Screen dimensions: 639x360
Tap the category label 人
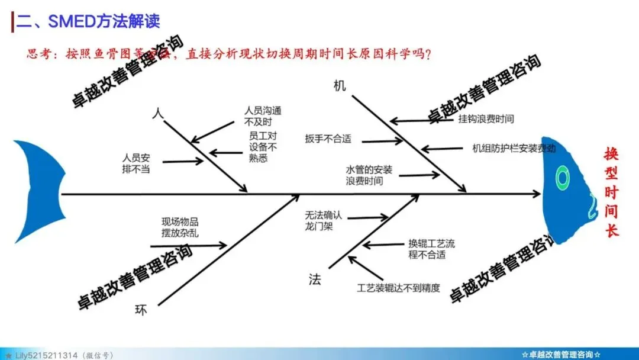coord(157,114)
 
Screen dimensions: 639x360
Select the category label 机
coord(340,86)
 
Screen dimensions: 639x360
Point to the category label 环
coord(141,310)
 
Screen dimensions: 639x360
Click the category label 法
coord(315,279)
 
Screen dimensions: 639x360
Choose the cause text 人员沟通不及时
coord(263,116)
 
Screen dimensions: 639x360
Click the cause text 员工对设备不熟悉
coord(263,147)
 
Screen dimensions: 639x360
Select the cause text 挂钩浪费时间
coord(486,119)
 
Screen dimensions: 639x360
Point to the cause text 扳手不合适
coord(328,139)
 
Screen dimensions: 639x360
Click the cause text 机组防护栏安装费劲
coord(514,148)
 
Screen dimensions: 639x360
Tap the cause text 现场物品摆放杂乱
coord(180,227)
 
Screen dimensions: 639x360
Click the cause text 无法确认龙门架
coord(324,220)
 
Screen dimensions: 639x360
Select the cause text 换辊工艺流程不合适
coord(432,249)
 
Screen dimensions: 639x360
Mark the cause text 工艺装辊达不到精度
coord(399,288)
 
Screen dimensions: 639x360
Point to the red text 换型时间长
coord(611,192)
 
